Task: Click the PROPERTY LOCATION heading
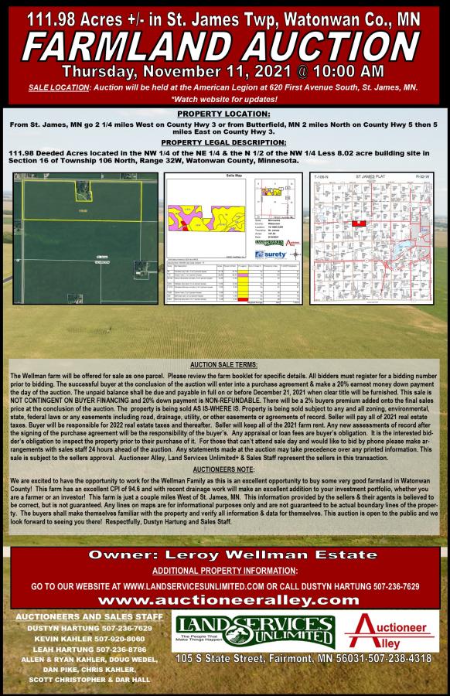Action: pyautogui.click(x=224, y=113)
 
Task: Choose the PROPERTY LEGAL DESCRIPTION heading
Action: pyautogui.click(x=224, y=142)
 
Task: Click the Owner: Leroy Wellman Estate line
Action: pyautogui.click(x=224, y=555)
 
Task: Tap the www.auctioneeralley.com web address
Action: pyautogui.click(x=224, y=600)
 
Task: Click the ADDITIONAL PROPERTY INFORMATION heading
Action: pyautogui.click(x=224, y=570)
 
